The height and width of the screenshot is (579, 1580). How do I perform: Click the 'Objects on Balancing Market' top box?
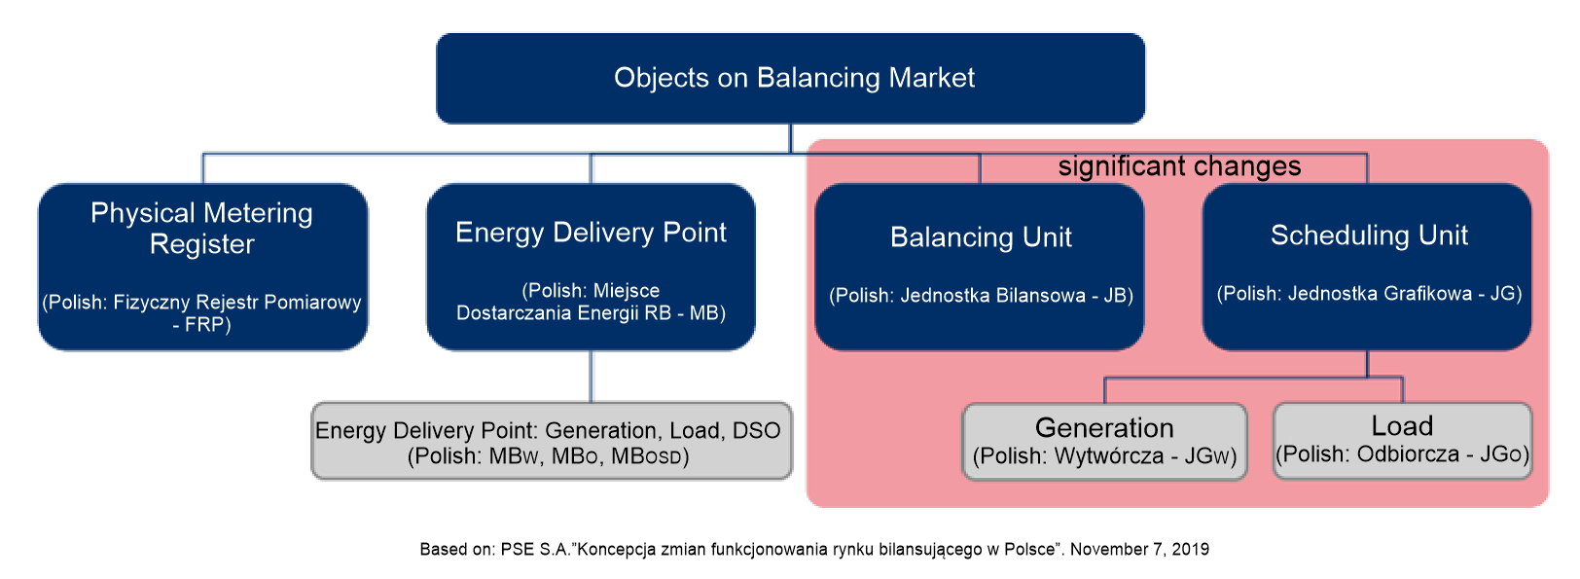[790, 78]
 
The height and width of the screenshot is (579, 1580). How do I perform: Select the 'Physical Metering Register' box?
[202, 266]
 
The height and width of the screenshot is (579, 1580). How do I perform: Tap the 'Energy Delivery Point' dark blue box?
[591, 266]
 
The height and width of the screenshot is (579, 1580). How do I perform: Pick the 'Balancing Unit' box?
[980, 266]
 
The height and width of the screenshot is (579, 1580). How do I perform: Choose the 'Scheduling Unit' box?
[1367, 266]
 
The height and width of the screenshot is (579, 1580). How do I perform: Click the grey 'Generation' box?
[1104, 441]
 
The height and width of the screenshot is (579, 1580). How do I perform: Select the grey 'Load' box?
[1402, 440]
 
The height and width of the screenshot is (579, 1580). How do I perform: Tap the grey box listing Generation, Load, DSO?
[551, 441]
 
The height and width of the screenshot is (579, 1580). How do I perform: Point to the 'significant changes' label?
[1179, 166]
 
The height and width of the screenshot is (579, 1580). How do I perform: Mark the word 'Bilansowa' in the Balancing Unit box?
[1040, 296]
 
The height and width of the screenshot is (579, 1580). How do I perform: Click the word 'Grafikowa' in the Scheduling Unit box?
[1428, 294]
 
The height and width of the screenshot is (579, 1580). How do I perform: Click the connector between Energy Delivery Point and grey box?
[591, 376]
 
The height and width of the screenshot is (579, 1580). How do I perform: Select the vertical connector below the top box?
[790, 138]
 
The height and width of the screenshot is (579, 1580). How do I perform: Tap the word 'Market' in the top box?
[931, 78]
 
